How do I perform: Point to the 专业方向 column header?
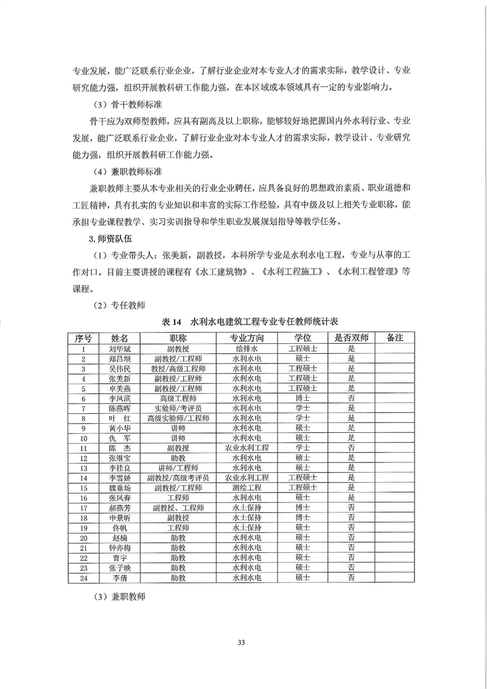pos(247,338)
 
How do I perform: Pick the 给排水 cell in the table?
pos(247,348)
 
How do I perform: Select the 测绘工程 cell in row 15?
pos(247,487)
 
